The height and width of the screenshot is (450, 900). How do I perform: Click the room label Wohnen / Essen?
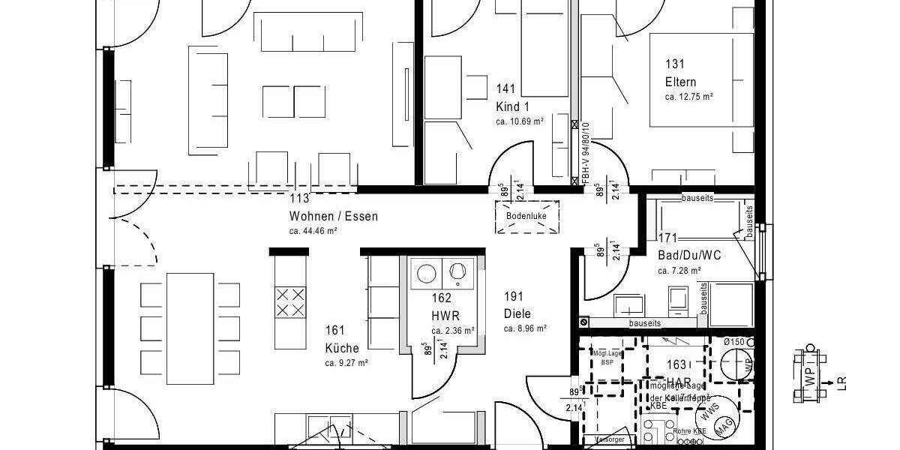point(334,217)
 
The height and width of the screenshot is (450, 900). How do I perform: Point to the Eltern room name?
point(680,82)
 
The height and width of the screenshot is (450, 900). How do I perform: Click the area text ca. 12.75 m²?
point(688,97)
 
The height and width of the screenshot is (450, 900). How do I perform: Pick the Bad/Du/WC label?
point(689,255)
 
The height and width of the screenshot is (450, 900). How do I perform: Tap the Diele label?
point(517,313)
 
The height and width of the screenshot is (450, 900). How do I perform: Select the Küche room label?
point(342,348)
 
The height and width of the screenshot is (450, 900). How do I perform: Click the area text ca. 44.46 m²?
point(313,231)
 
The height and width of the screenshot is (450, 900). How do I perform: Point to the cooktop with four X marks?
point(290,301)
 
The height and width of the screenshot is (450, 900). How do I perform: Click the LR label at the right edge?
point(841,383)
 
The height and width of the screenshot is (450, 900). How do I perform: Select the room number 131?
point(674,65)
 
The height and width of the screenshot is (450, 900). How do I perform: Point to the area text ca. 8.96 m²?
point(525,328)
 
